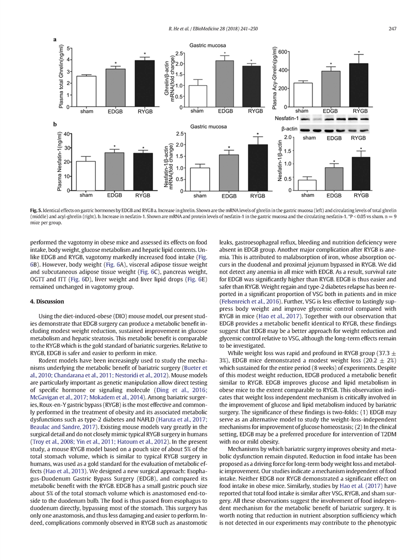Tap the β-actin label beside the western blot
[x=290, y=129]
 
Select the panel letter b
[x=55, y=123]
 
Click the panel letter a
[x=55, y=39]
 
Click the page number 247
[x=392, y=28]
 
